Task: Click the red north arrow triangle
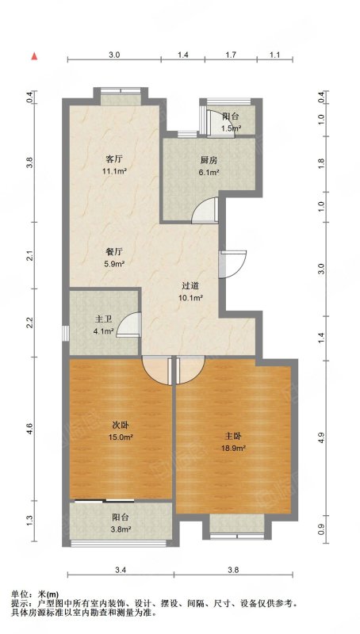click(35, 56)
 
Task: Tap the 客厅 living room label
click(114, 160)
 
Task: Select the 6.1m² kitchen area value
click(209, 173)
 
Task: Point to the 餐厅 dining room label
click(114, 252)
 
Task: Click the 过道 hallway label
click(190, 286)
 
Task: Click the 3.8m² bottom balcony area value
click(121, 529)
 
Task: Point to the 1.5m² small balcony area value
click(231, 129)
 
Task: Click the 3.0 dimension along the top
click(114, 55)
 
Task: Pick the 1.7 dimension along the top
click(231, 55)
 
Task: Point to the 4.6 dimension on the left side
click(29, 429)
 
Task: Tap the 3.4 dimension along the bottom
click(121, 571)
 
